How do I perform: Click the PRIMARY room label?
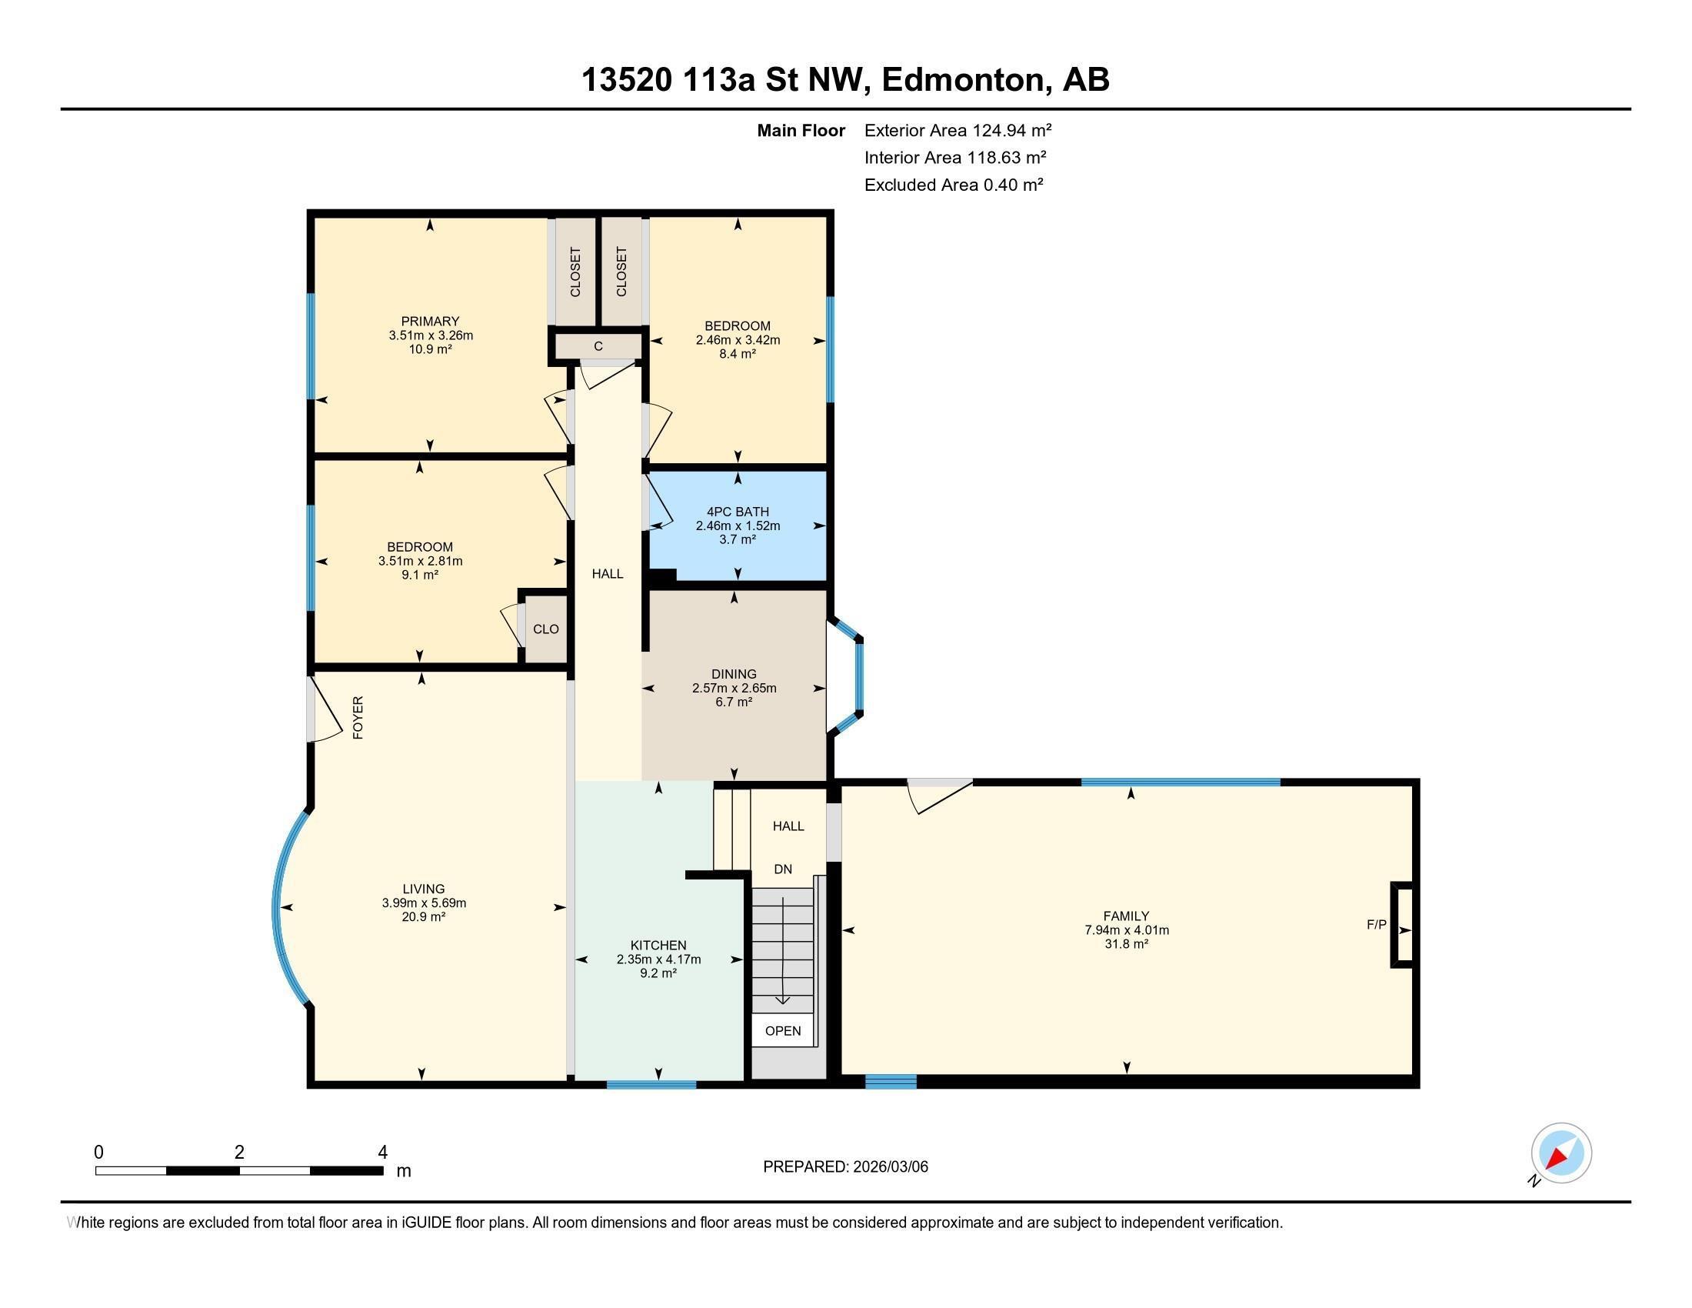430,321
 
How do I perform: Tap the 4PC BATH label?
738,512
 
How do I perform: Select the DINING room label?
734,674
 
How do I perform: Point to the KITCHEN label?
658,946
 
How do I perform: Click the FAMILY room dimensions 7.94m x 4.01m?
1127,930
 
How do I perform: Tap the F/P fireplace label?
1376,924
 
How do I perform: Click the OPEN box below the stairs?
782,1031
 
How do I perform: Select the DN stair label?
782,869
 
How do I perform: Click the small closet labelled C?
598,347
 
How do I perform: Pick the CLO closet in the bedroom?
545,629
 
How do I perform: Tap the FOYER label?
358,718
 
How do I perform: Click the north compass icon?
1560,1153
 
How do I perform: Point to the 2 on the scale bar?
239,1153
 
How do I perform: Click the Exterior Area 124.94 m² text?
958,130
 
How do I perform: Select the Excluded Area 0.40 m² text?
954,185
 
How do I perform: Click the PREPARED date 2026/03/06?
845,1167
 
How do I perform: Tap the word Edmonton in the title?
963,80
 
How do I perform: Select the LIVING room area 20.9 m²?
423,916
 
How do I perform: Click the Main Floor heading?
801,130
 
